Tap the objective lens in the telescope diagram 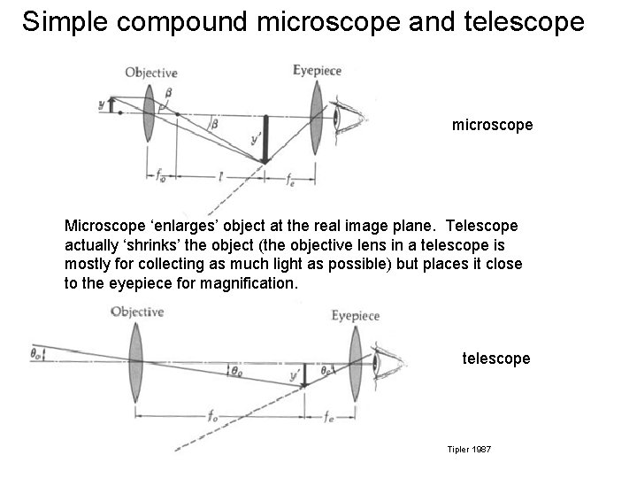pos(135,358)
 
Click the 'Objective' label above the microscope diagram pos(151,73)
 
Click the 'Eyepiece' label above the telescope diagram pos(355,316)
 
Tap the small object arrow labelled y pos(111,107)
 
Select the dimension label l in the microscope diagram pos(219,177)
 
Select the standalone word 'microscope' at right pos(492,125)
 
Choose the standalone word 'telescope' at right pos(496,358)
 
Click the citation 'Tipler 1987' pos(470,451)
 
